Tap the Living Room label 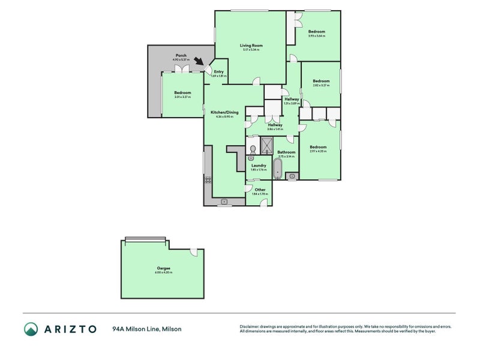coord(251,46)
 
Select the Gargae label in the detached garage coord(163,268)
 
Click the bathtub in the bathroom coord(278,169)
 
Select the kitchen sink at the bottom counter coord(225,202)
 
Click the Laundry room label coord(259,166)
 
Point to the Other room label coord(260,190)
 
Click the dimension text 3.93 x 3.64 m coord(317,36)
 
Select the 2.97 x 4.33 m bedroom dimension coord(318,151)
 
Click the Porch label coord(181,55)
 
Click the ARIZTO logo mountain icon coord(31,329)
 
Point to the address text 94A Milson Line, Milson coord(146,329)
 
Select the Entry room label coord(218,72)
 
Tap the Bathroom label coord(286,152)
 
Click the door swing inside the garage coord(193,253)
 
